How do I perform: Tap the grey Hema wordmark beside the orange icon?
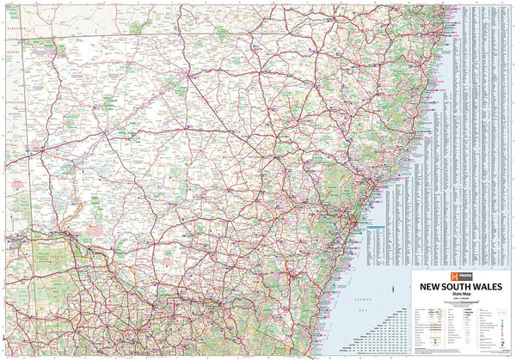point(434,267)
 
